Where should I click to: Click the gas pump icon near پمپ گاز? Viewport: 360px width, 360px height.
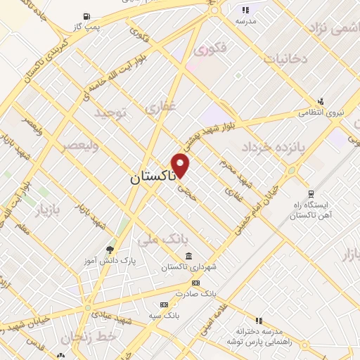click(86, 16)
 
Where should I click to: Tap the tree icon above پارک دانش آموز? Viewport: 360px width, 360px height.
click(108, 249)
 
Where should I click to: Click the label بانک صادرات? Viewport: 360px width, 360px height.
click(193, 293)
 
